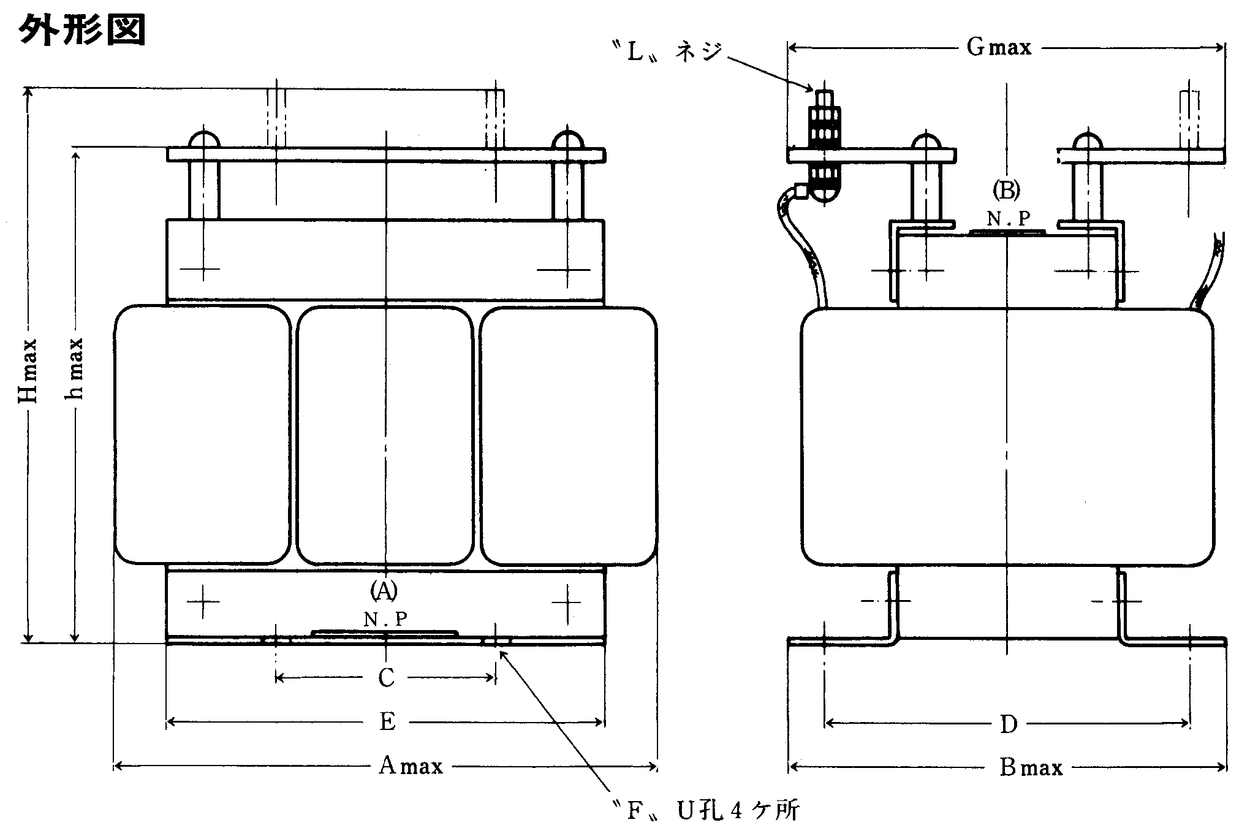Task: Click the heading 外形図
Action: click(83, 30)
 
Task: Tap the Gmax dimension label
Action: click(999, 47)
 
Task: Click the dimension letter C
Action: click(386, 678)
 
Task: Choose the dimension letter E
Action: click(387, 722)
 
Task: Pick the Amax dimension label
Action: click(410, 766)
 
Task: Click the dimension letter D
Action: click(1008, 724)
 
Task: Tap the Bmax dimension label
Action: click(1031, 767)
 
